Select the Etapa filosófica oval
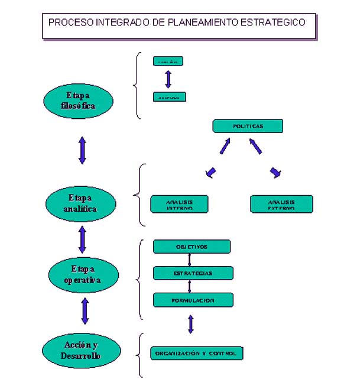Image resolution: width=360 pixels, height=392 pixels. [x=78, y=101]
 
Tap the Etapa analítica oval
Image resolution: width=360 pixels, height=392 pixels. [x=79, y=203]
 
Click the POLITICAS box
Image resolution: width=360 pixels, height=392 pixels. [x=248, y=126]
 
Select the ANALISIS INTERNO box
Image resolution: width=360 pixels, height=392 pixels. [x=180, y=204]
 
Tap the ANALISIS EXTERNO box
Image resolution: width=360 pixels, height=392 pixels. [x=281, y=204]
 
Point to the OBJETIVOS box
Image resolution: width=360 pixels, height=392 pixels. [x=192, y=247]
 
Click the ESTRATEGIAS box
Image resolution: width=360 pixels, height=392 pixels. [x=193, y=273]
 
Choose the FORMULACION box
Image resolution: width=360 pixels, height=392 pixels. [x=193, y=300]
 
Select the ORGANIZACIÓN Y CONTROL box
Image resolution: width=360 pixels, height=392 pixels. [x=196, y=353]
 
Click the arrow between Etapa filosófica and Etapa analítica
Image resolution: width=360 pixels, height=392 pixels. [x=82, y=150]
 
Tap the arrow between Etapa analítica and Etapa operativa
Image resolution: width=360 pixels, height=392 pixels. [x=82, y=239]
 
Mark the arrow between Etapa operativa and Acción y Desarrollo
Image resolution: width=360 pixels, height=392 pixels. [x=85, y=311]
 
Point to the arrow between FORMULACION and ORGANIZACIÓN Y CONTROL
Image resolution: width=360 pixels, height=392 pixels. [x=190, y=323]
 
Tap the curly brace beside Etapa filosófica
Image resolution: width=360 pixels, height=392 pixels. [x=138, y=86]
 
